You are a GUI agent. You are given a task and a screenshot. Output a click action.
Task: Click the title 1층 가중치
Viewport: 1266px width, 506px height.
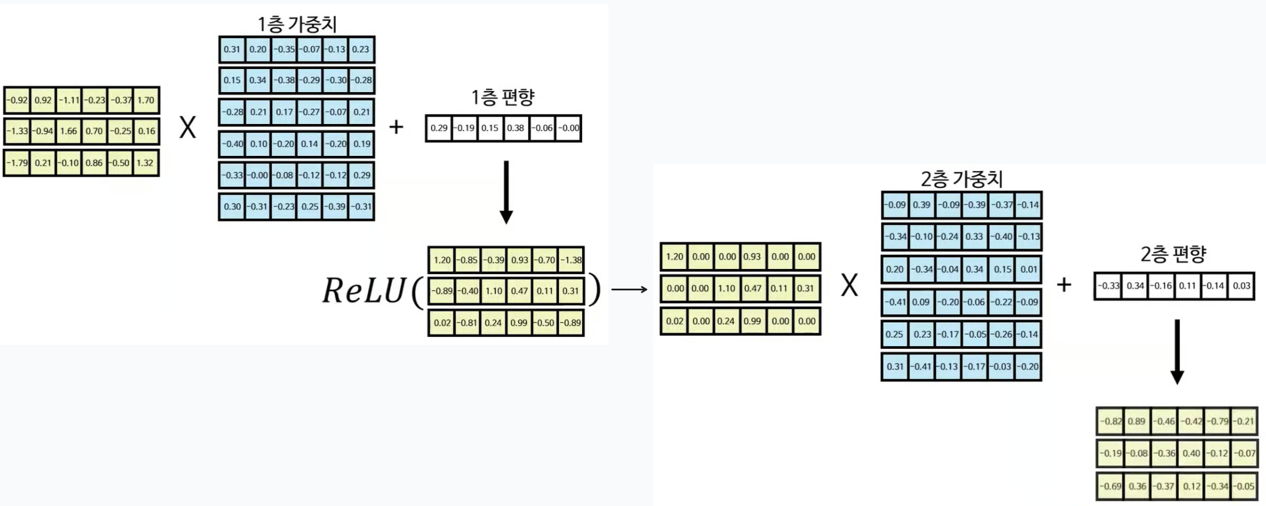click(297, 24)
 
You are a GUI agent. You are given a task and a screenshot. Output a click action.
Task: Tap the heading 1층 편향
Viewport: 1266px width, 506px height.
click(502, 97)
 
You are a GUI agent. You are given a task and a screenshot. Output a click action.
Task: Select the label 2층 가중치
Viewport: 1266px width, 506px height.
click(961, 179)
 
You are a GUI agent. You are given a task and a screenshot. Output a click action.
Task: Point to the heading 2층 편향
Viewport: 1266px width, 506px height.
click(1173, 254)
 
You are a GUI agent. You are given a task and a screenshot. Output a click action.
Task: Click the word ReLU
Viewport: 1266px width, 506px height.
click(364, 290)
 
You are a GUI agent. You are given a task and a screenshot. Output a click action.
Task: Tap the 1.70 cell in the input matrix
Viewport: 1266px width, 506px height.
click(146, 100)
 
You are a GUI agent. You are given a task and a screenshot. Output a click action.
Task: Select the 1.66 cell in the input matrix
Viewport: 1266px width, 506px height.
click(68, 131)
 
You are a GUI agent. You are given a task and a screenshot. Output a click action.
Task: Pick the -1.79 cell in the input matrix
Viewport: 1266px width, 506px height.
click(17, 163)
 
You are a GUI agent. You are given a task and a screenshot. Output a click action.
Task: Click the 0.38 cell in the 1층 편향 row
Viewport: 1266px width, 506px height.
click(515, 128)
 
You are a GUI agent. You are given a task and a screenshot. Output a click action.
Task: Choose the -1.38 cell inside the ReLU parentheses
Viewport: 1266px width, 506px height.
click(571, 260)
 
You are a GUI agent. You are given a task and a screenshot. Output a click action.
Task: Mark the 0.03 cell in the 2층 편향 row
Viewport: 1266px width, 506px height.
click(1241, 286)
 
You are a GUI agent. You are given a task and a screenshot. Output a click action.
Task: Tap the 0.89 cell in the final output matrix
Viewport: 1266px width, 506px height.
click(1136, 421)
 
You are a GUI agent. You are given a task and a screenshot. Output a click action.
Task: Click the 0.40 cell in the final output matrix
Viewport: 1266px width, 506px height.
click(1191, 453)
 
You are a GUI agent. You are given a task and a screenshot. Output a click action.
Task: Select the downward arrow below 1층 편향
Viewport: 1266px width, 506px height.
click(506, 192)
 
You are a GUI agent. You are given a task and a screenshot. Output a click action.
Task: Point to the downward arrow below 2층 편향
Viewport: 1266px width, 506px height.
click(1177, 351)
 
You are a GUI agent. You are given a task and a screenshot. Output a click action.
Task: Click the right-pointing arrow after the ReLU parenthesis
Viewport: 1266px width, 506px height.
click(630, 289)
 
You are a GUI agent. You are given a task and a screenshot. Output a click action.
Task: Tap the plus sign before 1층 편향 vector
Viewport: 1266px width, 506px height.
click(396, 127)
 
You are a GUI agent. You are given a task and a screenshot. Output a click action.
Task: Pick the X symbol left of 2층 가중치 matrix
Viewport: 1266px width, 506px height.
click(849, 285)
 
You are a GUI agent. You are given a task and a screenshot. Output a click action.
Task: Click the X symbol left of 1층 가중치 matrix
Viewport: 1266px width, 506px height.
click(188, 127)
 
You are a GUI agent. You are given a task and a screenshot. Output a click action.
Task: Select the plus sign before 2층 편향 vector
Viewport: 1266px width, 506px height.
click(1064, 285)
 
